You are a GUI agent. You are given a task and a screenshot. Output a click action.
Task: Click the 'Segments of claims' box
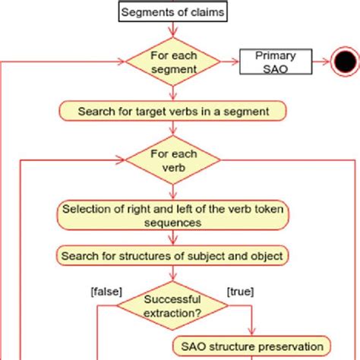pyautogui.click(x=173, y=12)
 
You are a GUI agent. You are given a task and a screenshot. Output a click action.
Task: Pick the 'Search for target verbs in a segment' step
pyautogui.click(x=173, y=111)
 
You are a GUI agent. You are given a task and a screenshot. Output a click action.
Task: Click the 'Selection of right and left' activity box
pyautogui.click(x=173, y=216)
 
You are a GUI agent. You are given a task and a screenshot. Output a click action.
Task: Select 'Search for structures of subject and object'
pyautogui.click(x=173, y=256)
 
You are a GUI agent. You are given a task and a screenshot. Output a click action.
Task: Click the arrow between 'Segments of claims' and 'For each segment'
pyautogui.click(x=173, y=29)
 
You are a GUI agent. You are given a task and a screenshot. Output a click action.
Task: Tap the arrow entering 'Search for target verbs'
pyautogui.click(x=173, y=93)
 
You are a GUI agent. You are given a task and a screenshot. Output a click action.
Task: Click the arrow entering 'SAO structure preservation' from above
pyautogui.click(x=251, y=323)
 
